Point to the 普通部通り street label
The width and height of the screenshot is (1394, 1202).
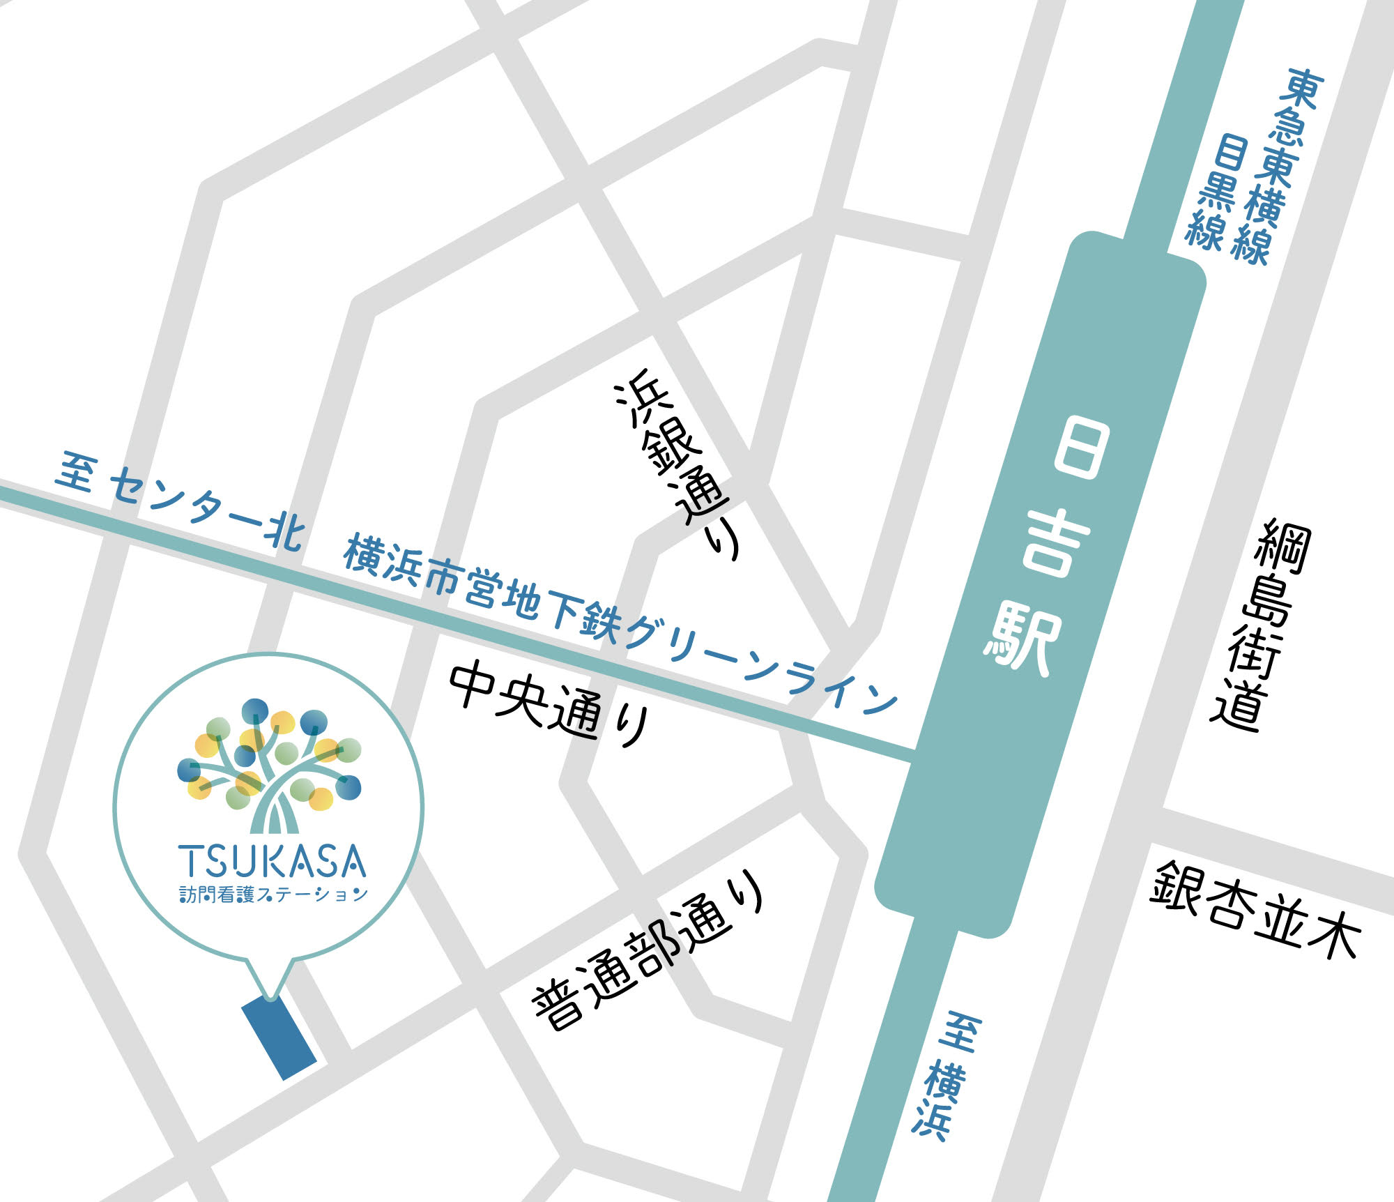click(x=648, y=951)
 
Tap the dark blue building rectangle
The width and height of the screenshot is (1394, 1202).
click(x=279, y=1039)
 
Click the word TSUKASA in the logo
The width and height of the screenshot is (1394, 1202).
click(x=273, y=862)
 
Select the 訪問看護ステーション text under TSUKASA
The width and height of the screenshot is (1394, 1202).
click(x=273, y=895)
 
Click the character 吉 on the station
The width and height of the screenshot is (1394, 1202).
click(x=1055, y=544)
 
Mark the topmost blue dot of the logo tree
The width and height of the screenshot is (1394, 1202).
click(x=255, y=711)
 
